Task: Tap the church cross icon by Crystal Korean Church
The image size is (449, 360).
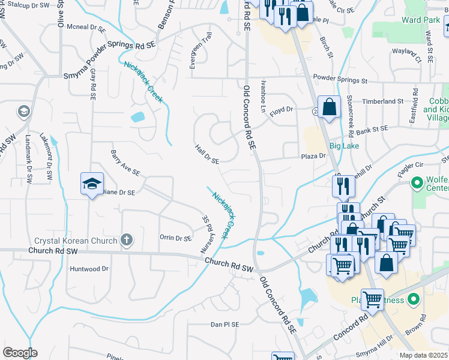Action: (x=126, y=241)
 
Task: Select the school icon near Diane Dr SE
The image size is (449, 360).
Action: (x=92, y=184)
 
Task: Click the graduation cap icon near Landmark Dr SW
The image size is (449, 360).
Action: (x=23, y=112)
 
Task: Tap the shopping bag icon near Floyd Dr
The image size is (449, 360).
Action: (x=329, y=107)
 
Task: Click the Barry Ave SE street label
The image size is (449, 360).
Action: (x=125, y=163)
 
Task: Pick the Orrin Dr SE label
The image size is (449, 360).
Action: (x=175, y=238)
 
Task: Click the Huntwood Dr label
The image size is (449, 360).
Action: (x=89, y=269)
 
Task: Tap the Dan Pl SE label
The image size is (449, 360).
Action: (x=224, y=324)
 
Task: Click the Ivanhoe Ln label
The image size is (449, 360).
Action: (x=263, y=97)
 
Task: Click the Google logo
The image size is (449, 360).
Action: (x=20, y=353)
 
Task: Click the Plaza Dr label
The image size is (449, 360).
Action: (x=313, y=155)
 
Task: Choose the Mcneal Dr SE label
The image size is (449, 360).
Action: (x=85, y=27)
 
